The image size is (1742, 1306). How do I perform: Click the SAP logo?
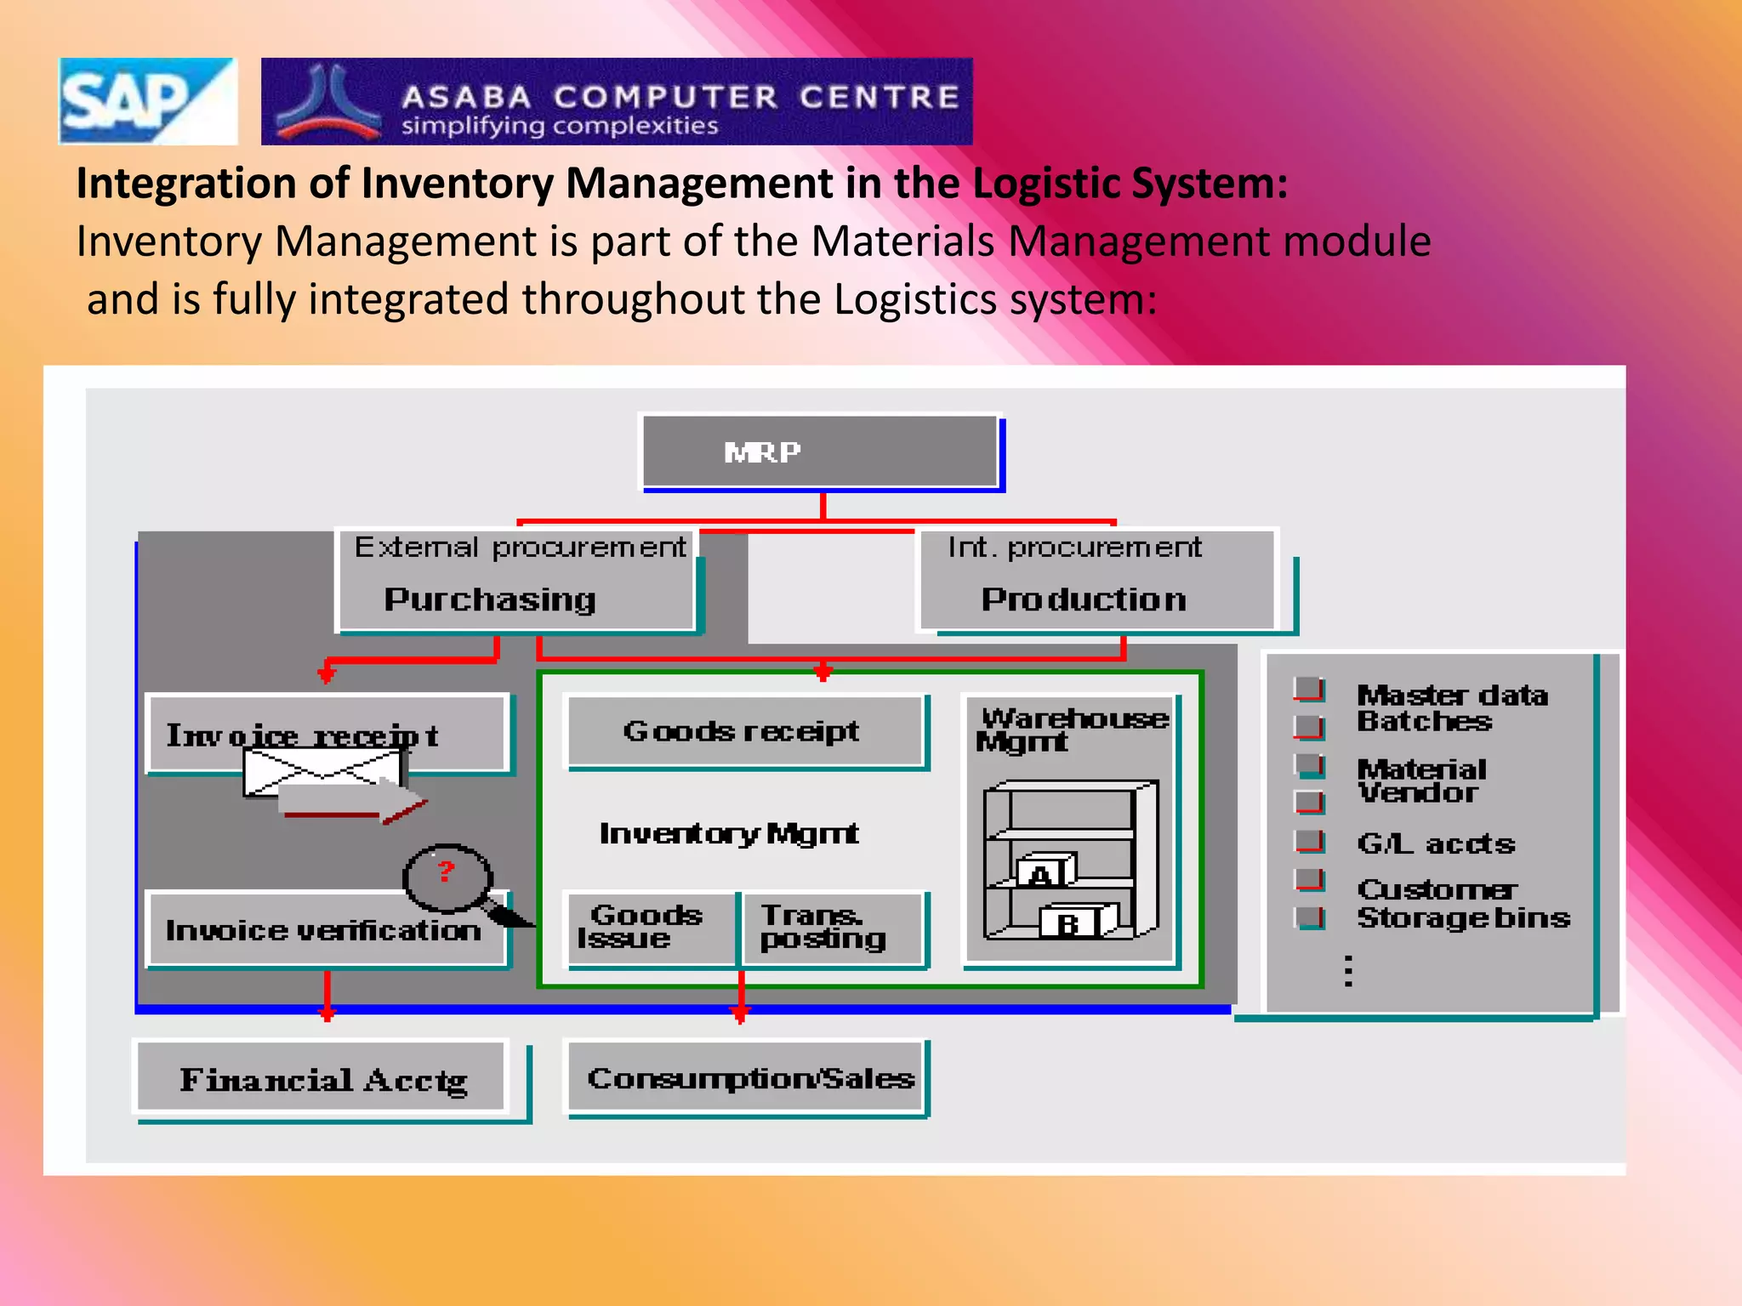point(146,101)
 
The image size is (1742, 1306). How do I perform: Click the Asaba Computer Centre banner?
point(616,101)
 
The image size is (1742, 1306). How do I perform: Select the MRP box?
point(819,451)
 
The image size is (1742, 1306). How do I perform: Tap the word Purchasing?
point(489,599)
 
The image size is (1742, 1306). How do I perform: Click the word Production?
point(1083,599)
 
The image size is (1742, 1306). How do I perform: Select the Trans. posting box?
point(831,928)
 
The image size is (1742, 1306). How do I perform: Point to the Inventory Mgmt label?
point(728,833)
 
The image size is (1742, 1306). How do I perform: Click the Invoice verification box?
point(324,929)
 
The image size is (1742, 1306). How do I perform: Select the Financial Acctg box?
point(322,1079)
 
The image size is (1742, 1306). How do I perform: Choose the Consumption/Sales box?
point(748,1078)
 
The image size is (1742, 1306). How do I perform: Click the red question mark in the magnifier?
point(446,871)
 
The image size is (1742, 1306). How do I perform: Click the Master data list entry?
point(1451,695)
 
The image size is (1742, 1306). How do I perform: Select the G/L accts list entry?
point(1436,843)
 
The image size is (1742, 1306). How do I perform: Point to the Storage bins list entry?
point(1463,918)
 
